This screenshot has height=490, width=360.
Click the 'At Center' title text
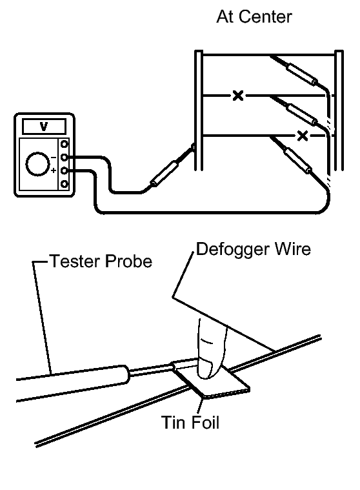pyautogui.click(x=254, y=17)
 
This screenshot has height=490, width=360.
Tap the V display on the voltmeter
pyautogui.click(x=44, y=127)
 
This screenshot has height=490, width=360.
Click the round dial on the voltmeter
pyautogui.click(x=38, y=164)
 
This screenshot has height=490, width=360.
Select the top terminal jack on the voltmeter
pyautogui.click(x=65, y=144)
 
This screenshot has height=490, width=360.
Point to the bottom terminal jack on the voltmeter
pyautogui.click(x=65, y=184)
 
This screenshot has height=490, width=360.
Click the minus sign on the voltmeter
pyautogui.click(x=54, y=157)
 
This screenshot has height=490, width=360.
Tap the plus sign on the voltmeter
pyautogui.click(x=54, y=170)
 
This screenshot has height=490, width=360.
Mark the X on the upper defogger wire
pyautogui.click(x=238, y=96)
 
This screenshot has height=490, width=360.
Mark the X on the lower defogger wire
pyautogui.click(x=302, y=136)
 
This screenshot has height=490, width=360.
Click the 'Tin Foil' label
pyautogui.click(x=190, y=422)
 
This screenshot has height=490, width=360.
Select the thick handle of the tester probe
pyautogui.click(x=72, y=383)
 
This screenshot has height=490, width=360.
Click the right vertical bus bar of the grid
pyautogui.click(x=339, y=110)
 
